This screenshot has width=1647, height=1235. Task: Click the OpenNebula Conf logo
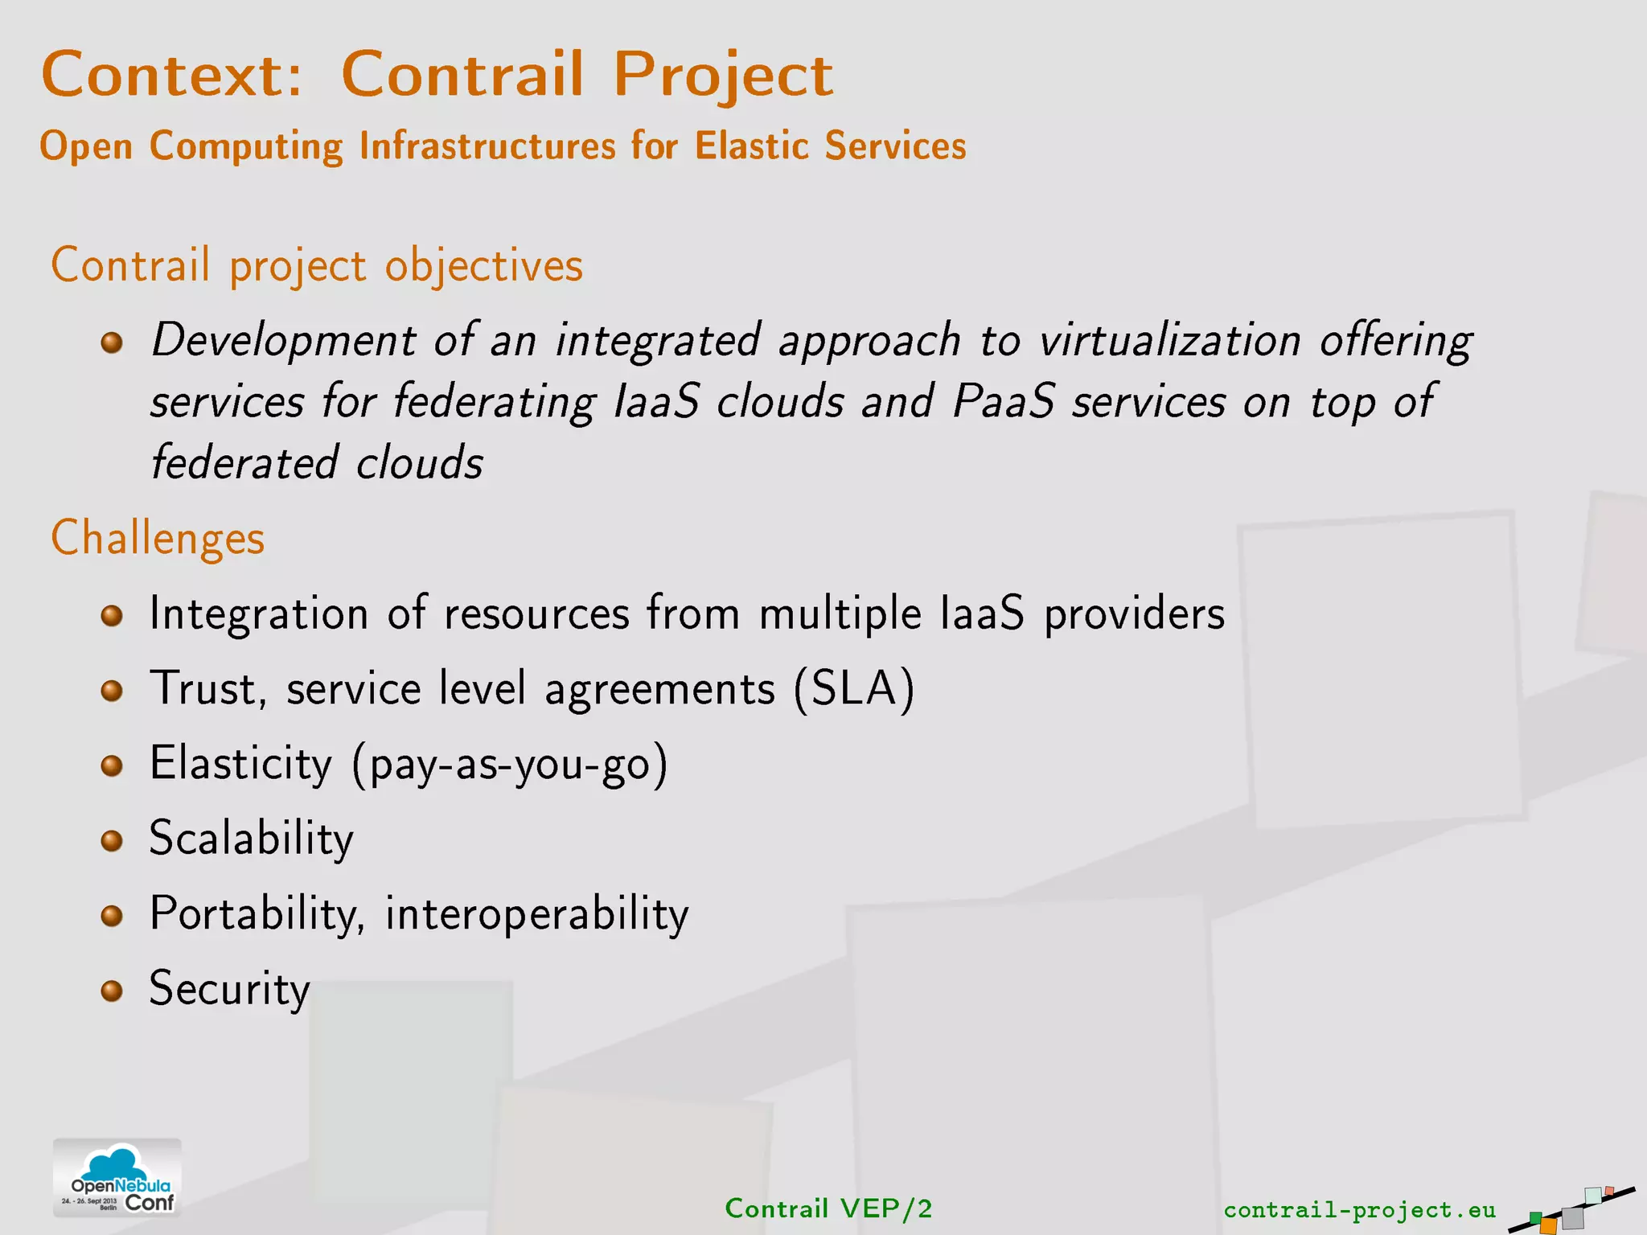click(117, 1179)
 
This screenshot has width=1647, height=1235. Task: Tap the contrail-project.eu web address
click(1359, 1209)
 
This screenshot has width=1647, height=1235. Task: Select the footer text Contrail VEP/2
click(828, 1208)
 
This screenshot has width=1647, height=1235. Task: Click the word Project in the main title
click(723, 75)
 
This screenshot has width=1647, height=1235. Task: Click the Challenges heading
click(158, 538)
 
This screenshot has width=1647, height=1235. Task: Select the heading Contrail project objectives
click(317, 265)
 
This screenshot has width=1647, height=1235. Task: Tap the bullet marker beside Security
click(112, 991)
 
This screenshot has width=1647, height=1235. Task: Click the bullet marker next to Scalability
click(112, 841)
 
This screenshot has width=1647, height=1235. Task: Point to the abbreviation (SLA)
click(854, 689)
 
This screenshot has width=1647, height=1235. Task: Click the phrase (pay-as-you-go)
click(510, 764)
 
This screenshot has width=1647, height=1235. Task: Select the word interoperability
click(536, 914)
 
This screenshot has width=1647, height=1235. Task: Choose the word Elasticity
click(240, 763)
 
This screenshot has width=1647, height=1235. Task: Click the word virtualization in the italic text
click(1169, 340)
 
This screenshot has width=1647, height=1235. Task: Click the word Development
click(284, 340)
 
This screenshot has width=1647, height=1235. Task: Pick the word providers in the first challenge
click(1134, 614)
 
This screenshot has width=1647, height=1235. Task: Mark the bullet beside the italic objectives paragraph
click(112, 343)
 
